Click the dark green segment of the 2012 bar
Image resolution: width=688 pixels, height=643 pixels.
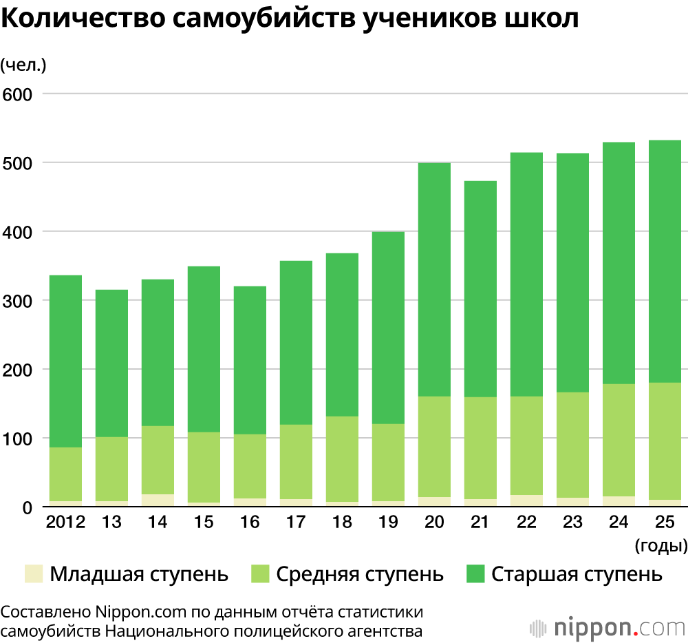click(65, 361)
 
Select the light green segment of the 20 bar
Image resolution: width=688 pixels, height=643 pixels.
click(434, 447)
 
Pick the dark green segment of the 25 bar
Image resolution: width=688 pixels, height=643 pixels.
click(665, 262)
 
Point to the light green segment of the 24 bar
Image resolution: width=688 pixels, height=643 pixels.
click(619, 440)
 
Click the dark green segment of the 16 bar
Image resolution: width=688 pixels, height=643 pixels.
click(250, 360)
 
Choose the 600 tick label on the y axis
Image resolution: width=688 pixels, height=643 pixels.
click(19, 94)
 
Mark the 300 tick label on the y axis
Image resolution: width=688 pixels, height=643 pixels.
click(19, 301)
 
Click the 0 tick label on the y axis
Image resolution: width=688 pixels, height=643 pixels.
click(28, 508)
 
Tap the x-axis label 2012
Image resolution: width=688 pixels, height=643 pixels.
click(65, 523)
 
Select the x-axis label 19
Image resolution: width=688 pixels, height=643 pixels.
click(388, 523)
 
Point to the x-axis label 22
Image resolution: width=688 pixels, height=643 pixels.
click(526, 523)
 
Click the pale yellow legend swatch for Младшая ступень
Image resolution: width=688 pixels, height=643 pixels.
click(33, 574)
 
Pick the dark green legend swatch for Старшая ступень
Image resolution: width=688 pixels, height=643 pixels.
click(475, 574)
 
